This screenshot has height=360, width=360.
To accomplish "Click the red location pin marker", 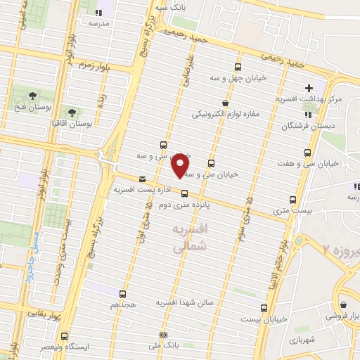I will tap(180, 165).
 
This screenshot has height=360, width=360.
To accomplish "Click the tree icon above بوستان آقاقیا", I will tap(72, 111).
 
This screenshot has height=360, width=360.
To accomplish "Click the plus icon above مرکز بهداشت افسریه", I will tap(309, 89).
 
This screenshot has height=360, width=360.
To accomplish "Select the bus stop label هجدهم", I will tap(122, 306).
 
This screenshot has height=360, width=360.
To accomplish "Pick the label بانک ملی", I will tap(164, 346).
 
